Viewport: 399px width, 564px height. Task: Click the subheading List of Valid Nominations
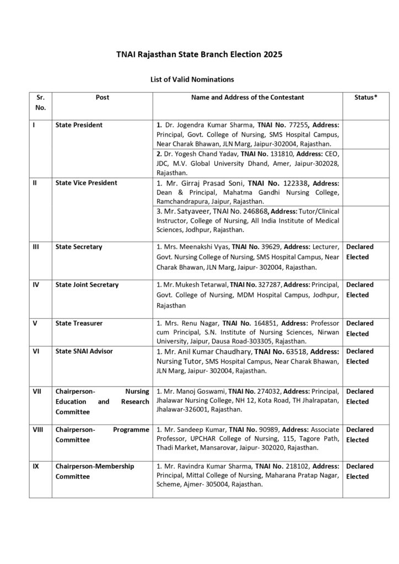(185, 79)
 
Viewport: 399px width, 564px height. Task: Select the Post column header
(102, 97)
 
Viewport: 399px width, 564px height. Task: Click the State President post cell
(79, 125)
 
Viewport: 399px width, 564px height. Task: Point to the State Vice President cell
(86, 183)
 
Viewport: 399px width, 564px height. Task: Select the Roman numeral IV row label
(35, 285)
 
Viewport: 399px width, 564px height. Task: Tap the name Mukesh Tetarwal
(202, 285)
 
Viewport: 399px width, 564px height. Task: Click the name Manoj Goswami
(199, 391)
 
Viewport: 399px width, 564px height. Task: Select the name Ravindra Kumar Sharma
(211, 466)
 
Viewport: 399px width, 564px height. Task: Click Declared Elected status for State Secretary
(359, 252)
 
